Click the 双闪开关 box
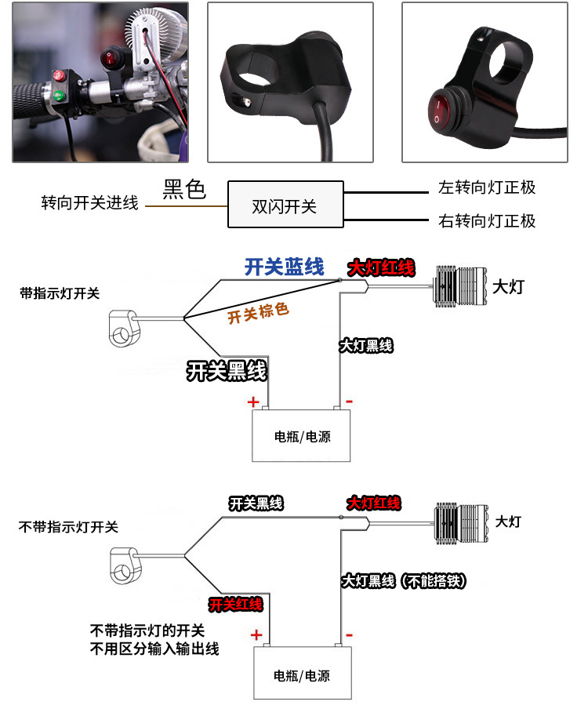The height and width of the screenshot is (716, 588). pos(286,204)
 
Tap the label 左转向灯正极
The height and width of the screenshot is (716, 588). pos(487,187)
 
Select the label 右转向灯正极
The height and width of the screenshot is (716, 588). pos(487,221)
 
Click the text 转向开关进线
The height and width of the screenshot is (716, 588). pos(90,203)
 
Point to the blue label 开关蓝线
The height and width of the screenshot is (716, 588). pos(284,267)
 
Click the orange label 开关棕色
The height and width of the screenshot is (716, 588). pos(258,313)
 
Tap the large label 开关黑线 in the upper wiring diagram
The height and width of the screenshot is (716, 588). pos(227,370)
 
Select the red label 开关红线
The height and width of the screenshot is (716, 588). pos(236,605)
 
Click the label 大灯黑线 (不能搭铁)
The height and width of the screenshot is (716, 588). pos(404,581)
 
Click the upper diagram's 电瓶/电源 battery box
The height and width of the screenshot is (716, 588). pos(301,435)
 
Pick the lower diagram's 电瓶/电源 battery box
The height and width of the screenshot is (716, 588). pos(302,673)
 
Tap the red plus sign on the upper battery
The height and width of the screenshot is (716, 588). pos(253,402)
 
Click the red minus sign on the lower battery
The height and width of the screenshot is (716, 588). pos(349,634)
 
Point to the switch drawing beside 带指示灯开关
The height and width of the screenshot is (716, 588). pos(123,329)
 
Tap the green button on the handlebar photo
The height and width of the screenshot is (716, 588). pos(59,96)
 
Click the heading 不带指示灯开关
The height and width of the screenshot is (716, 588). pos(68,527)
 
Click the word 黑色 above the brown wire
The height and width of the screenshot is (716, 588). pos(184,189)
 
